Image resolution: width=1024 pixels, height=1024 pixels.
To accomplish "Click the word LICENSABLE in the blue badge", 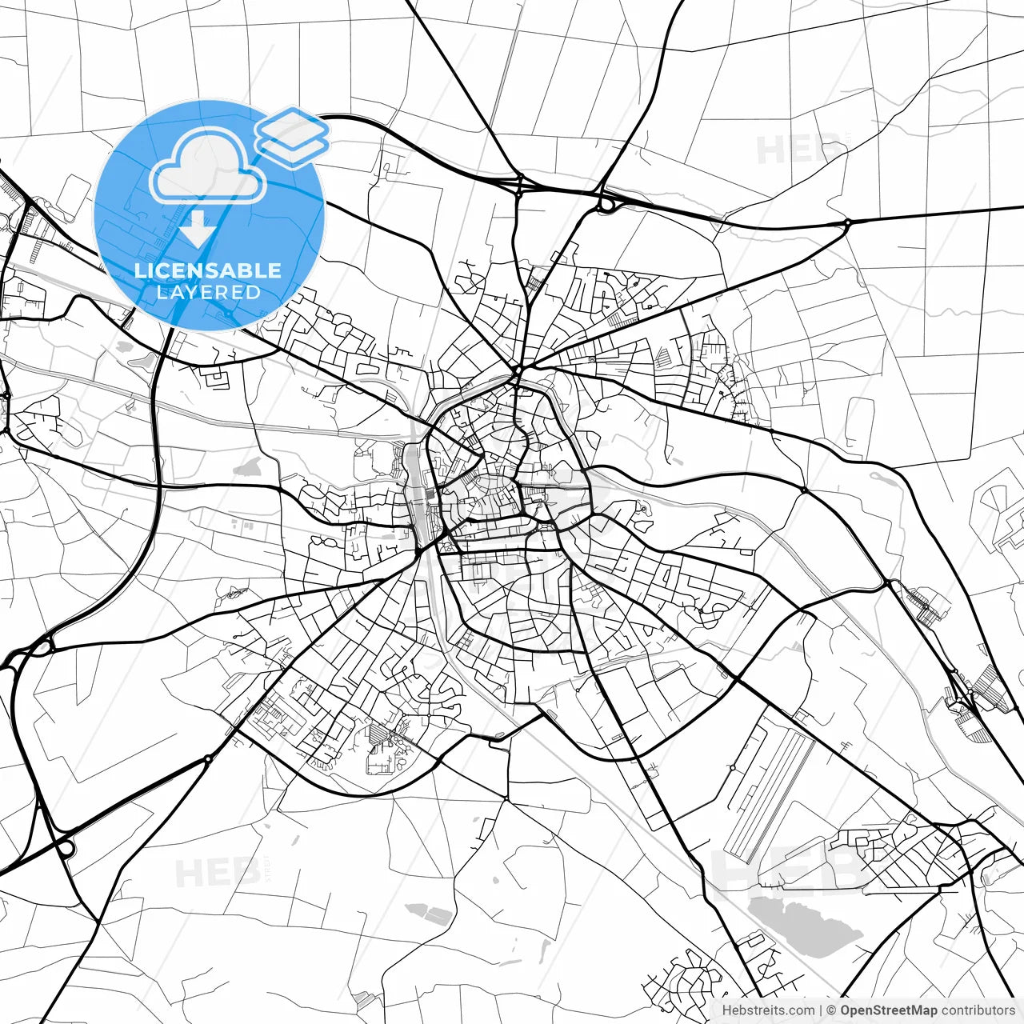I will (x=208, y=270).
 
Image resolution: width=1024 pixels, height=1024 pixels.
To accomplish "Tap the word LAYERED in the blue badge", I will (x=208, y=292).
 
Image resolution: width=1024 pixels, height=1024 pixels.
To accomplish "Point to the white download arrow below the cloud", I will (x=198, y=230).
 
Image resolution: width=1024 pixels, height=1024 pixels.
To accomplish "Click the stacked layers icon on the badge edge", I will (x=292, y=136).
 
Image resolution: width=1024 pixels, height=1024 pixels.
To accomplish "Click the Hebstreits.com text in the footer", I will (x=769, y=1010).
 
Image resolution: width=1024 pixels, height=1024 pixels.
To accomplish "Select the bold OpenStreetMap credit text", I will (x=888, y=1010).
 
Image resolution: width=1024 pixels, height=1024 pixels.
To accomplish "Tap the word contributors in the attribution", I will (x=978, y=1010).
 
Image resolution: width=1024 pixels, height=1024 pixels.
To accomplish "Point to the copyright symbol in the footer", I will (x=831, y=1010).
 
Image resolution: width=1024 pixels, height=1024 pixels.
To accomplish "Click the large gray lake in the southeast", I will (x=804, y=924).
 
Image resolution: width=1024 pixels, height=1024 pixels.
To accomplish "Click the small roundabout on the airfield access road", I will (x=732, y=767).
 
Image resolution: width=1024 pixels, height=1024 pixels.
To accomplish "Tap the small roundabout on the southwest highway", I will (x=208, y=758).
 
